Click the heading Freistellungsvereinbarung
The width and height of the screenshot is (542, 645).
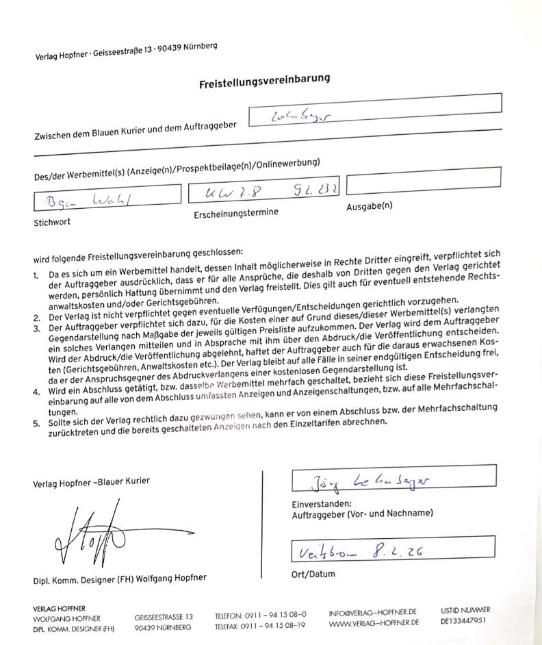tap(264, 81)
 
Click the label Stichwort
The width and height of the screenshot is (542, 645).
tap(51, 223)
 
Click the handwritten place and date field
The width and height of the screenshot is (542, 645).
tap(392, 549)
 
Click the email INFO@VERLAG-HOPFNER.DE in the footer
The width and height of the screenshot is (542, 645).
tap(373, 611)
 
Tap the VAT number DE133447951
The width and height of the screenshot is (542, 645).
tap(465, 622)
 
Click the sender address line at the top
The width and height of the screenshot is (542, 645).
tap(127, 51)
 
